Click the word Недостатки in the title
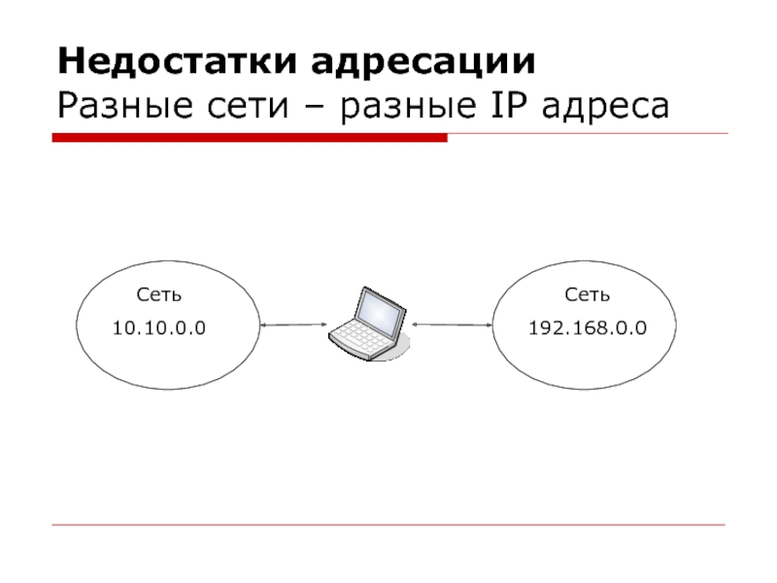(x=178, y=61)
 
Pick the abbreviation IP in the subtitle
(x=509, y=104)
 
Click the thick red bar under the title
(x=250, y=139)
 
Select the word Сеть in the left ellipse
(x=159, y=293)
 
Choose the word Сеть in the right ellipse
(x=588, y=293)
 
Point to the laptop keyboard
(x=360, y=336)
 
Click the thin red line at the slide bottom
(x=388, y=526)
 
